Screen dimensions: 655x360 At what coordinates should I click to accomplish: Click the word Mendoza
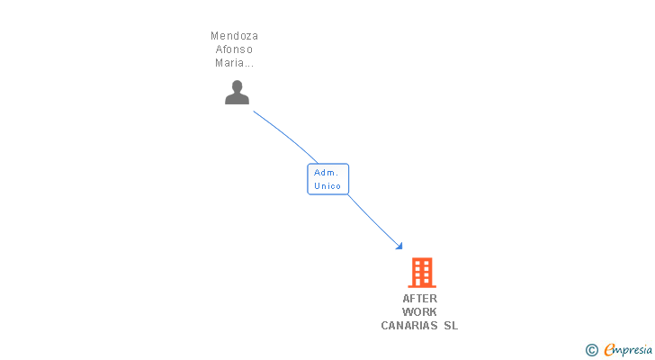pyautogui.click(x=234, y=36)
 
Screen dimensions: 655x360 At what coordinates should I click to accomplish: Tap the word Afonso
pyautogui.click(x=234, y=49)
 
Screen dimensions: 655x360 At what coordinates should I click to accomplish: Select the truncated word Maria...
pyautogui.click(x=234, y=63)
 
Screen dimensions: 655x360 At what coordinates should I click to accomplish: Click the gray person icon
pyautogui.click(x=237, y=92)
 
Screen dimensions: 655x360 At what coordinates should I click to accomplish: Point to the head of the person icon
pyautogui.click(x=237, y=86)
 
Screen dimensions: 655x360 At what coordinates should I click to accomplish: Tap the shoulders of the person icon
pyautogui.click(x=237, y=99)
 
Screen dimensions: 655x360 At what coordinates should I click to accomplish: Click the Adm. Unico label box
pyautogui.click(x=327, y=179)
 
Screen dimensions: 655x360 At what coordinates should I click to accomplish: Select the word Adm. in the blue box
pyautogui.click(x=326, y=172)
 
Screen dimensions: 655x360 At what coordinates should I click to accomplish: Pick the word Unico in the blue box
pyautogui.click(x=327, y=186)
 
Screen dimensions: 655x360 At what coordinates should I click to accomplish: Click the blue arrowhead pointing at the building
pyautogui.click(x=399, y=246)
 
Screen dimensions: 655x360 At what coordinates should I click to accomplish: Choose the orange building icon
pyautogui.click(x=421, y=272)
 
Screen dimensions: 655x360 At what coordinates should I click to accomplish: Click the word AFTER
pyautogui.click(x=419, y=299)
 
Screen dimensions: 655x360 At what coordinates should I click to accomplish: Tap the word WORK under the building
pyautogui.click(x=419, y=312)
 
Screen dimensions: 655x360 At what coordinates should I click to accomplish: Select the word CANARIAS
pyautogui.click(x=409, y=326)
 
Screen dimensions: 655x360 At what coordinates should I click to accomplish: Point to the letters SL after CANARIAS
pyautogui.click(x=450, y=326)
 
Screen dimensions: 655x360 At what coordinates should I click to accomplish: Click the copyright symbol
pyautogui.click(x=591, y=350)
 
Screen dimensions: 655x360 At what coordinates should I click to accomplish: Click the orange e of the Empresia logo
pyautogui.click(x=609, y=350)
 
